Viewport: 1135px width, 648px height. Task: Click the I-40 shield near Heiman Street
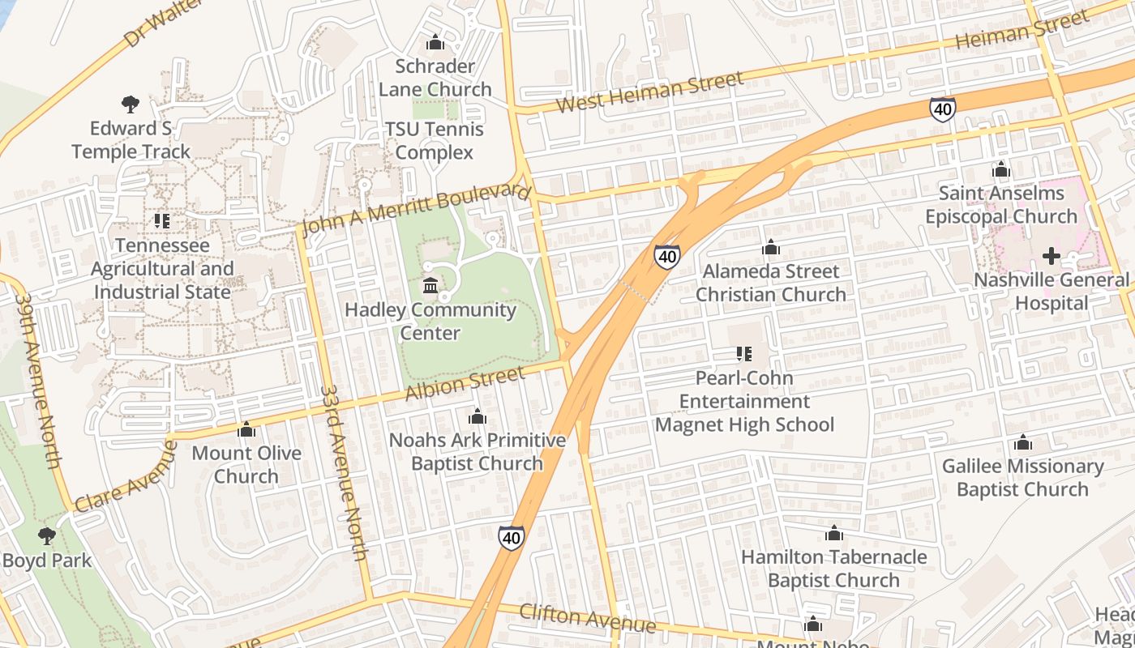(x=942, y=109)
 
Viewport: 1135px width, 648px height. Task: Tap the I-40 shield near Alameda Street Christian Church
(x=666, y=257)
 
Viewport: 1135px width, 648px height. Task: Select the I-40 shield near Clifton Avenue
(x=511, y=537)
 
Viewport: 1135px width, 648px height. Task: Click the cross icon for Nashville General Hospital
(x=1051, y=257)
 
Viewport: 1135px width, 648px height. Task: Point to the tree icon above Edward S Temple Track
(x=130, y=104)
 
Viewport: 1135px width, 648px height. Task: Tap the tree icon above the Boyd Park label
(x=47, y=535)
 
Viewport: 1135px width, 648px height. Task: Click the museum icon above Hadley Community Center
(x=430, y=285)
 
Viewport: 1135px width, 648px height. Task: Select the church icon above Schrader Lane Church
(x=435, y=41)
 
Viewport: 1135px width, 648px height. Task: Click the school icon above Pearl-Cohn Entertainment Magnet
(x=743, y=353)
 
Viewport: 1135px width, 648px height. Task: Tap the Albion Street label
(x=465, y=384)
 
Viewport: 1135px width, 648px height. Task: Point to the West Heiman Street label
(x=650, y=92)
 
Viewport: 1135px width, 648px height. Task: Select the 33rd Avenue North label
(x=344, y=473)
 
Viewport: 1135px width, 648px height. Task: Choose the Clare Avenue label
(x=126, y=477)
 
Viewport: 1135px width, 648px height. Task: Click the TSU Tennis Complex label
(x=435, y=141)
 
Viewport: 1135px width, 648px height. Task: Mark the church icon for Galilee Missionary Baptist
(x=1022, y=442)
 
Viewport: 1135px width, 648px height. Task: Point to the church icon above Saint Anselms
(x=1001, y=169)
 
